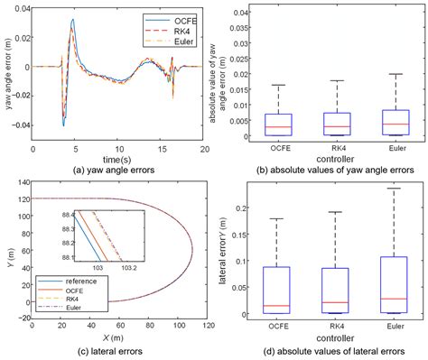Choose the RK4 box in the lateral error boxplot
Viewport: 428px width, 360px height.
[337, 291]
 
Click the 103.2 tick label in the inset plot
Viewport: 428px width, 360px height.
[128, 268]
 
